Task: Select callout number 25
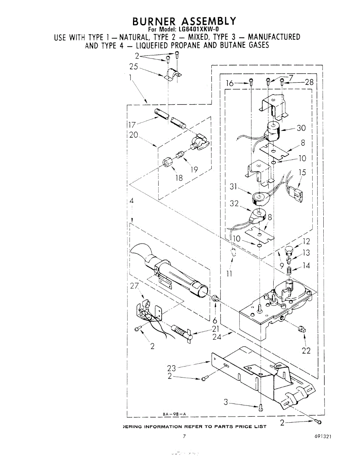[133, 67]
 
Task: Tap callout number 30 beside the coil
[302, 128]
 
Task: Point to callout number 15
[302, 173]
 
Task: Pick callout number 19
[194, 170]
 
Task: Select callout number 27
[135, 285]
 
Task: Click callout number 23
[172, 368]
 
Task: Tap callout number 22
[306, 350]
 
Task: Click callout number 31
[234, 187]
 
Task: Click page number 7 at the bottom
[184, 436]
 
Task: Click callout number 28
[309, 82]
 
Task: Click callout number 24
[217, 337]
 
